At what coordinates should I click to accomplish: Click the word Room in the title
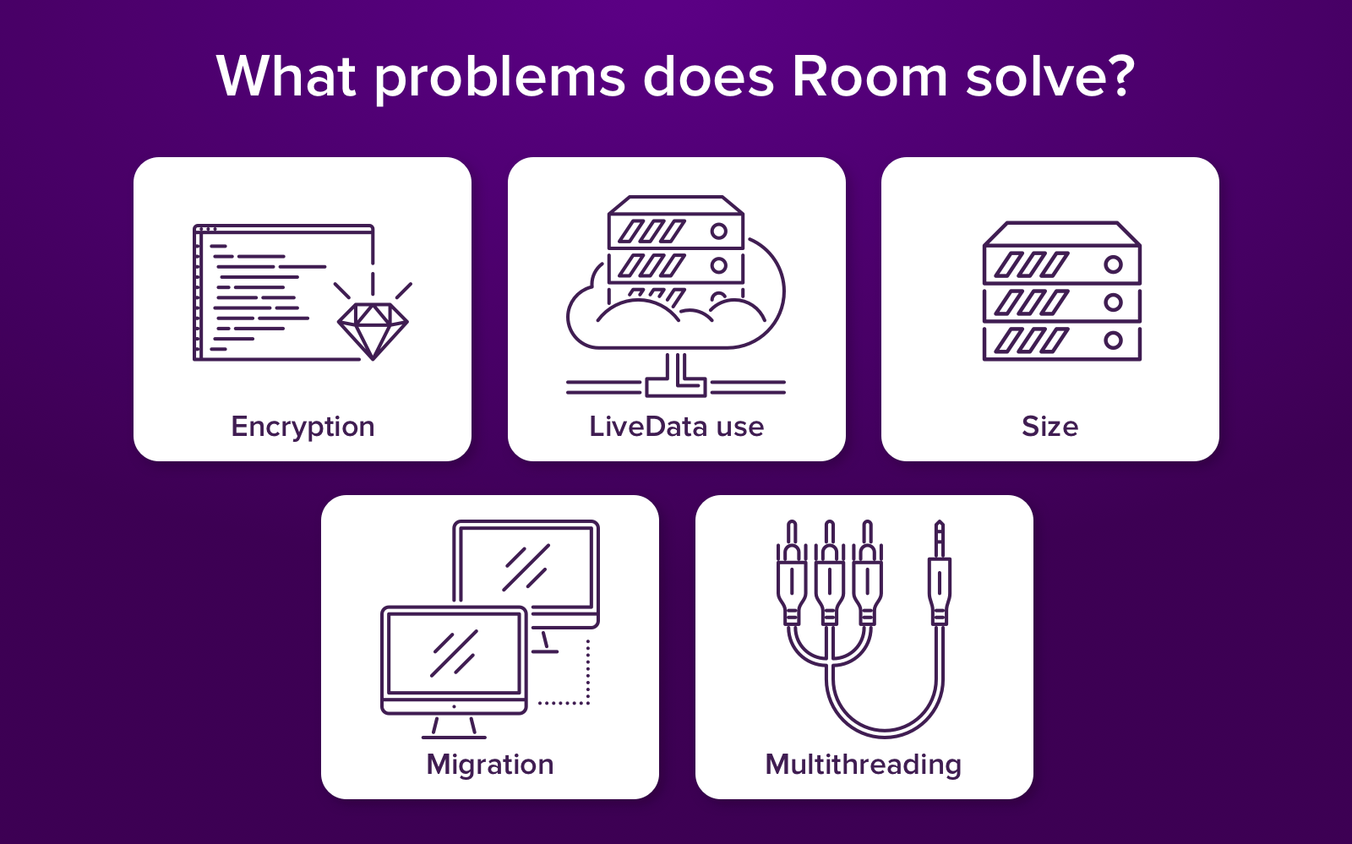(x=870, y=77)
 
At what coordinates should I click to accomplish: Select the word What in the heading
(x=287, y=77)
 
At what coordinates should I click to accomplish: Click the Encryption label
(x=303, y=427)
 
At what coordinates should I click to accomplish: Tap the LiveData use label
(x=676, y=427)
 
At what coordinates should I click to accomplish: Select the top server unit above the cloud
(x=676, y=224)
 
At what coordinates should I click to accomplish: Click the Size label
(x=1049, y=427)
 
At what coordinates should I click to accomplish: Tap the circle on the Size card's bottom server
(x=1113, y=340)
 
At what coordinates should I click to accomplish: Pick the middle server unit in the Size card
(x=1062, y=302)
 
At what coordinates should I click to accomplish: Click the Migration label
(x=490, y=765)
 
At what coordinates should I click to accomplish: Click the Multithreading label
(x=863, y=765)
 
